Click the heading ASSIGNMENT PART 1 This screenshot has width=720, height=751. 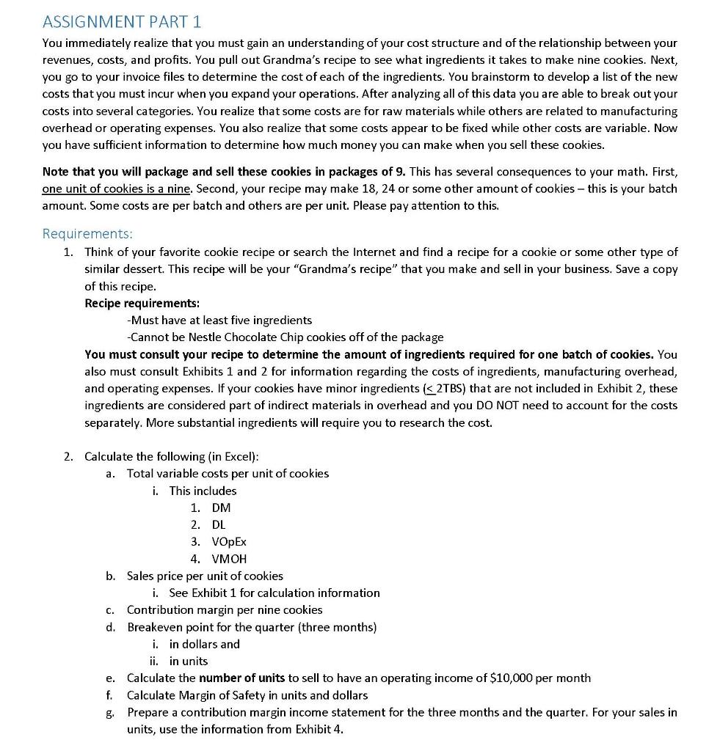[x=121, y=21]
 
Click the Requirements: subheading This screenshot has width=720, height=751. [x=87, y=234]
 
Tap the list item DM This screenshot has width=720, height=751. [x=221, y=508]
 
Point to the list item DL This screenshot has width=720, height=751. [x=219, y=524]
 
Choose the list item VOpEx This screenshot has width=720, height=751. [x=229, y=541]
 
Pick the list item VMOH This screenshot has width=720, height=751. [x=229, y=559]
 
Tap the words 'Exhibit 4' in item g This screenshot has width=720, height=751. [x=319, y=729]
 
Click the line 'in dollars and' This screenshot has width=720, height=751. [x=204, y=644]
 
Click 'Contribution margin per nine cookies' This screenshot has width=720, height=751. [x=225, y=609]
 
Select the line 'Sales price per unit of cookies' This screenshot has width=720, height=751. [x=205, y=576]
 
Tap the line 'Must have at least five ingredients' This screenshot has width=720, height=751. [x=220, y=320]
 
